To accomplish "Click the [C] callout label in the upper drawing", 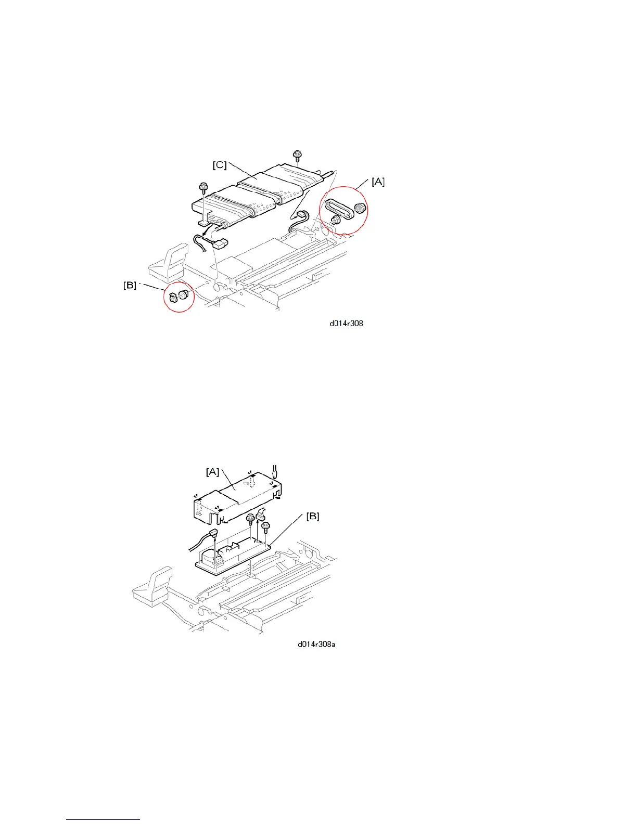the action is (x=219, y=165).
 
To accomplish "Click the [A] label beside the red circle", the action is (x=378, y=182).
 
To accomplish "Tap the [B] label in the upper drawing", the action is (x=130, y=285).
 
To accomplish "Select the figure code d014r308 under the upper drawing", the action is (x=346, y=323).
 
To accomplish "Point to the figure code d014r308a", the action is (x=316, y=645).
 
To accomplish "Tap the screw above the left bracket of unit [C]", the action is (x=202, y=187).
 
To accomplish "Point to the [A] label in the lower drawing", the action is (x=212, y=471).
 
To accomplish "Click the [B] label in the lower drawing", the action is (x=312, y=516).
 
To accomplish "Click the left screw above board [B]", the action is (x=250, y=518).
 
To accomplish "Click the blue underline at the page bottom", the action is (x=104, y=820).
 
